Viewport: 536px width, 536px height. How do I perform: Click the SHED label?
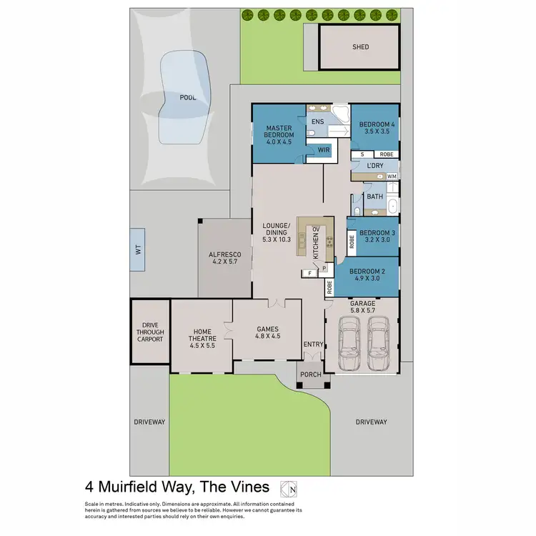(361, 47)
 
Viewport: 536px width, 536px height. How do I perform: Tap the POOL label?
(187, 96)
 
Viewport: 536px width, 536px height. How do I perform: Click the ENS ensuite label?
(318, 122)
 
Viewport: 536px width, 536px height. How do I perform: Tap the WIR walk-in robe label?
(323, 151)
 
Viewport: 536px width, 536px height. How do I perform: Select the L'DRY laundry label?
(374, 166)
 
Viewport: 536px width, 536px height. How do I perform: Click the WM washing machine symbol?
(391, 176)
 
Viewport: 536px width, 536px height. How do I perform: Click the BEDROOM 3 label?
(377, 233)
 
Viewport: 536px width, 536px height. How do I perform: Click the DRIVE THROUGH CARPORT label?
(150, 332)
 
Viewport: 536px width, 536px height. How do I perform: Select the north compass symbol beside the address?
(289, 488)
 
